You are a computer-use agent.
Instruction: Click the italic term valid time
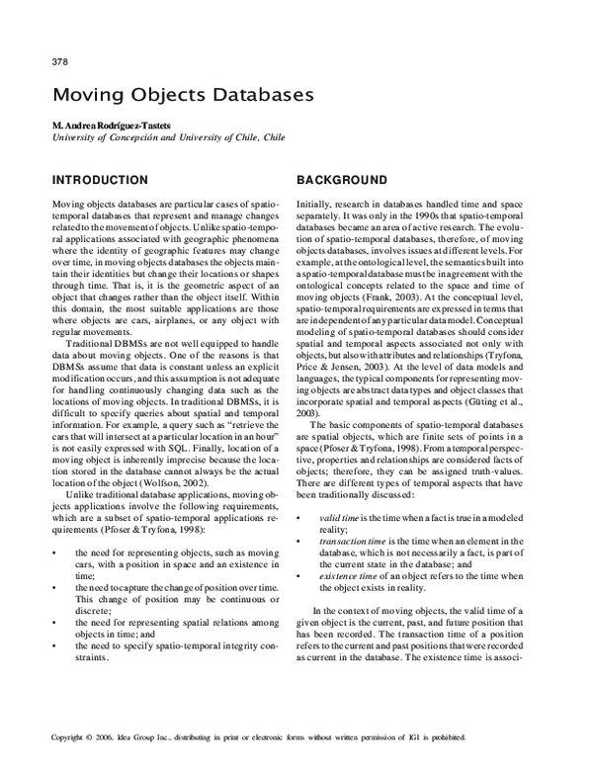tap(340, 517)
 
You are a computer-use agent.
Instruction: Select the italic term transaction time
tap(355, 542)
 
